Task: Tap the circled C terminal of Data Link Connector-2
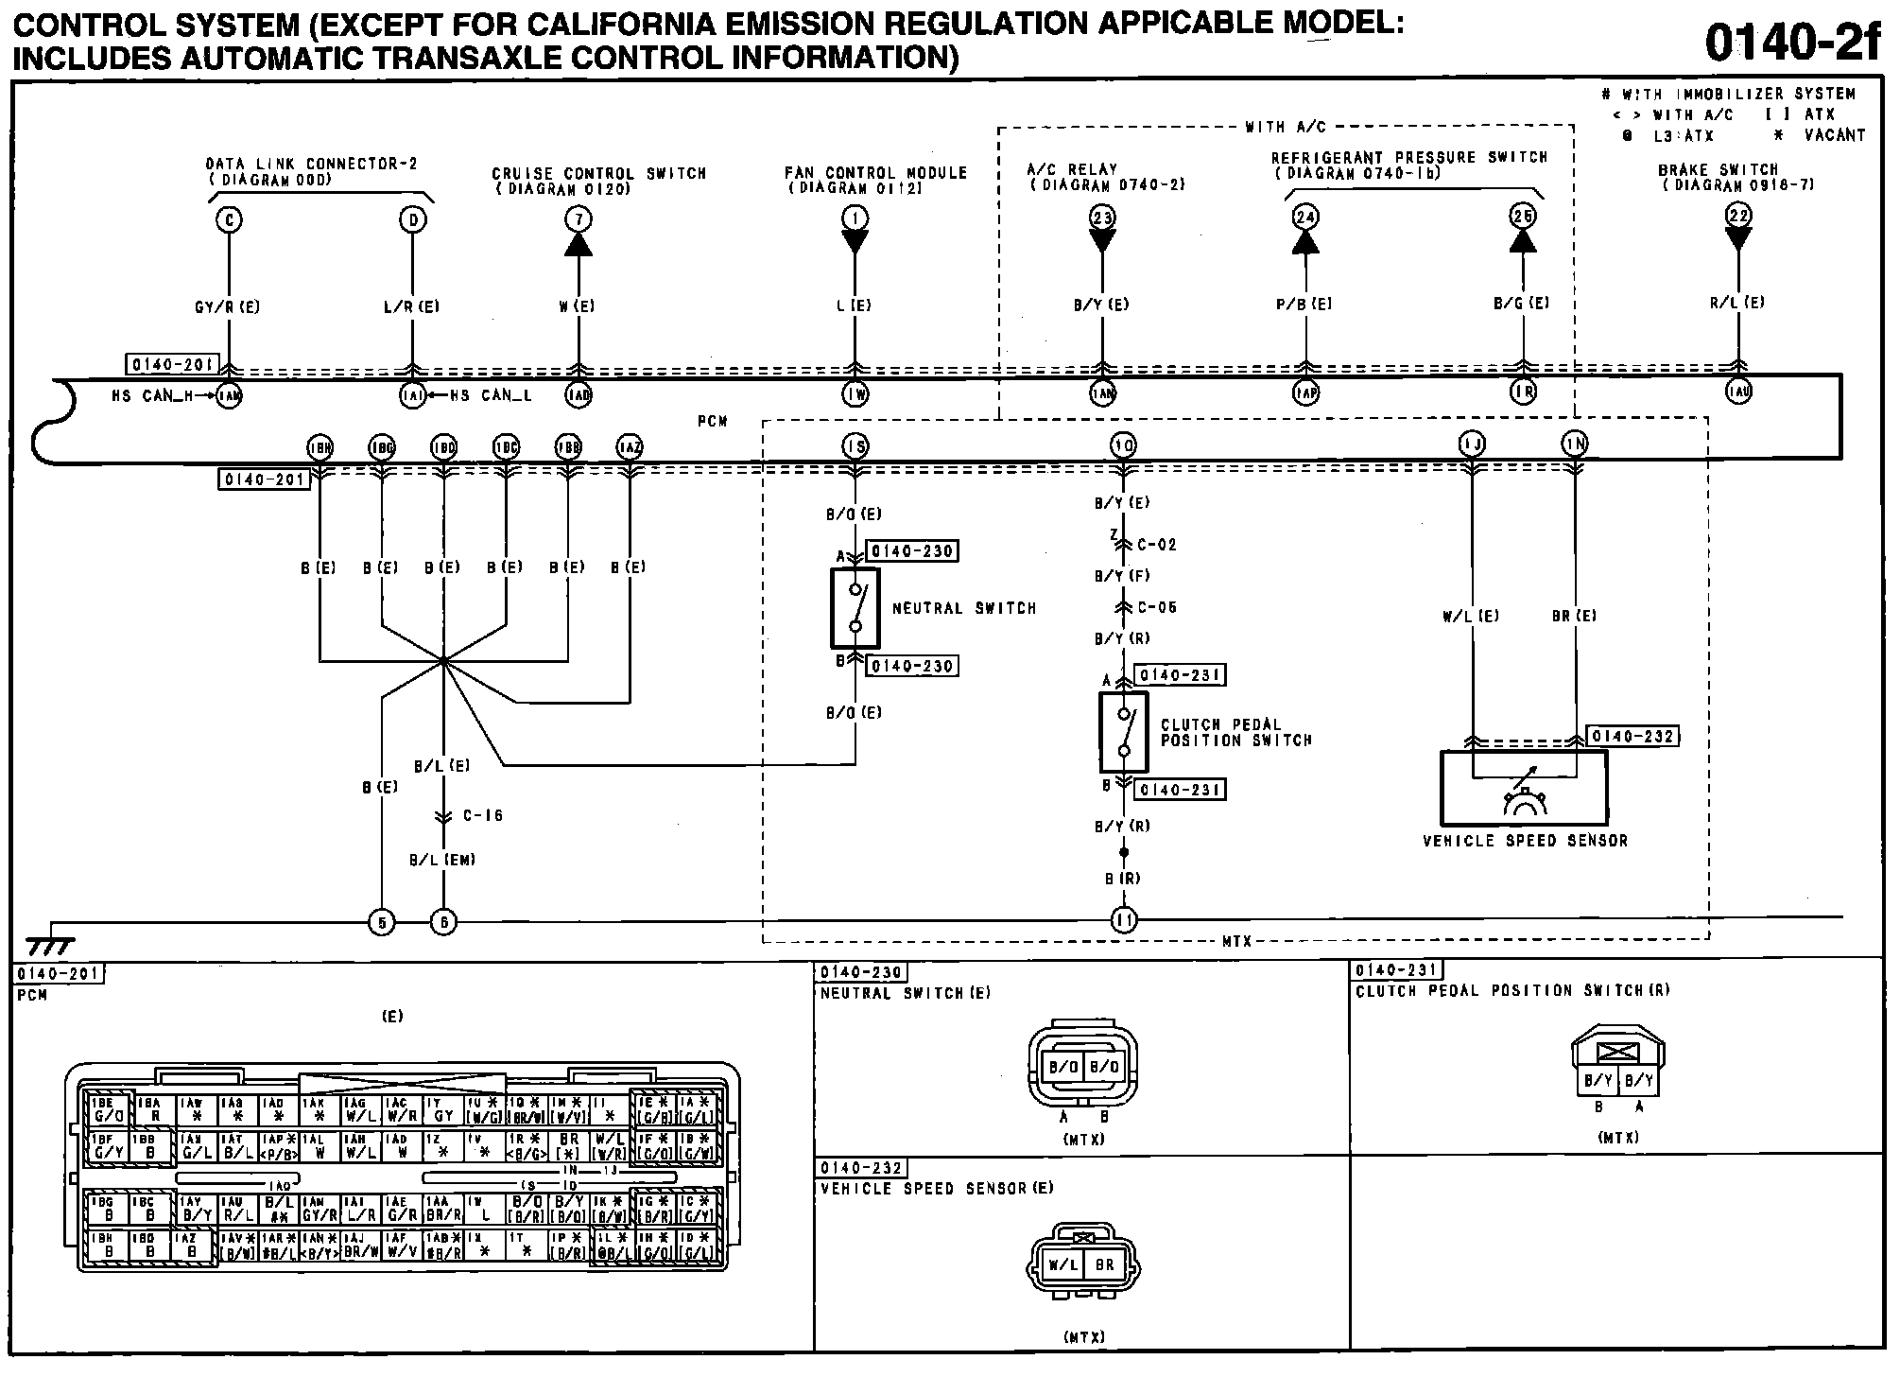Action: tap(229, 220)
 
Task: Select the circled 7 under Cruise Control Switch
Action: tap(579, 220)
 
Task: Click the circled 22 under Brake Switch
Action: tap(1738, 216)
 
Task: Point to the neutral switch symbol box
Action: tap(855, 607)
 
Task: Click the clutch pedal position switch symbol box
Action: tap(1123, 732)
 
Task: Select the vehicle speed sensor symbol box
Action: tap(1523, 788)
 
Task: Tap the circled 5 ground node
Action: tap(381, 921)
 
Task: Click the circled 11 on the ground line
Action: tap(1123, 919)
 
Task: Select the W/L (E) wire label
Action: tap(1471, 617)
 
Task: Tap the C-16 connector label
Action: tap(482, 815)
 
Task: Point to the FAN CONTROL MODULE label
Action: tap(875, 173)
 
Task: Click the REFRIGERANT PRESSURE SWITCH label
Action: tap(1408, 158)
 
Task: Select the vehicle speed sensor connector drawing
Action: tap(1083, 1264)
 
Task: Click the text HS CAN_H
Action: tap(148, 396)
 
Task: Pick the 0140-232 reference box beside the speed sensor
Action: tap(1632, 737)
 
